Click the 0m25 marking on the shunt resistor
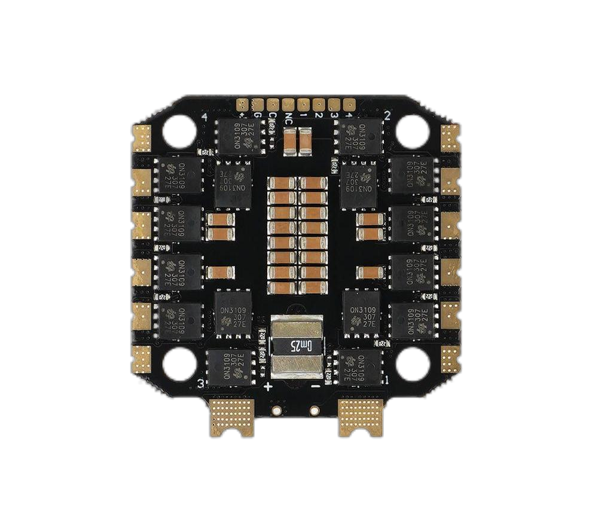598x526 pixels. [x=297, y=345]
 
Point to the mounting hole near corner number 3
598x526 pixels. [x=179, y=364]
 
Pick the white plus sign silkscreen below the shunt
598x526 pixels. [x=268, y=387]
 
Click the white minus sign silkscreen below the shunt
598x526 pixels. [x=315, y=387]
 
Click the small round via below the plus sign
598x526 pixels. [x=276, y=411]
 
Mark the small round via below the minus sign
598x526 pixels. [x=315, y=411]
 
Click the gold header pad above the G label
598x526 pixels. [x=258, y=104]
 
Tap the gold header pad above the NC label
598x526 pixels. [x=288, y=104]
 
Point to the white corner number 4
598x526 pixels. [x=205, y=118]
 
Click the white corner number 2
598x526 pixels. [x=387, y=115]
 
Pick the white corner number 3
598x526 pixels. [x=201, y=383]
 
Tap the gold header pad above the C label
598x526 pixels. [x=273, y=104]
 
